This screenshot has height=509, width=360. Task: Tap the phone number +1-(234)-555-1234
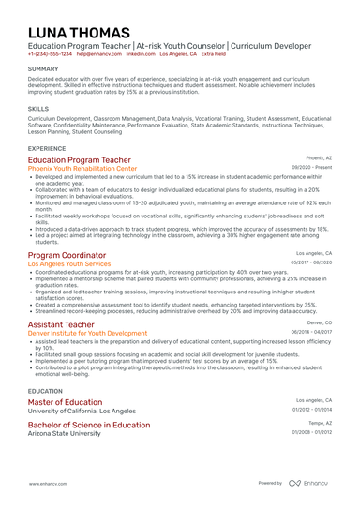pos(50,54)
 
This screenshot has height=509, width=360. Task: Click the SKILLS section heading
pos(38,109)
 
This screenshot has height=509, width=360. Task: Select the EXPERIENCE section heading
pos(47,148)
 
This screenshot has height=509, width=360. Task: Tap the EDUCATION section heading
pos(46,391)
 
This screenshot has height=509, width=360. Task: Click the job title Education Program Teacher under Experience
pos(79,160)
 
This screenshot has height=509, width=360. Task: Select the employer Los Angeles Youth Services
pos(69,264)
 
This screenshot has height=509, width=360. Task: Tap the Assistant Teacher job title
pos(61,324)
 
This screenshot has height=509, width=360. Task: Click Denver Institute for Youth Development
pos(87,333)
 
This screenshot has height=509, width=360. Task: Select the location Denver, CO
pos(320,322)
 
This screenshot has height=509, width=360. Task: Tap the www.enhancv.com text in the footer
pos(46,483)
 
